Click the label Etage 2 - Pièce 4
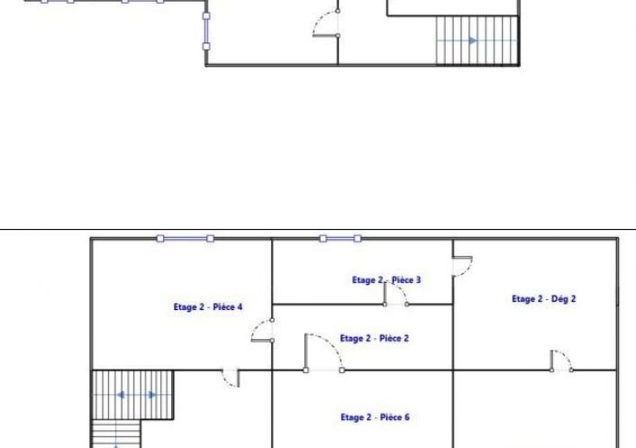click(x=208, y=307)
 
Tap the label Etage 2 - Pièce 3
click(x=386, y=280)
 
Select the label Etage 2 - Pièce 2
click(x=374, y=338)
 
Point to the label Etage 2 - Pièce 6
click(x=375, y=417)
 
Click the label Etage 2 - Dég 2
click(x=543, y=299)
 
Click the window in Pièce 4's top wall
click(x=186, y=239)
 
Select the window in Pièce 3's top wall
click(x=341, y=239)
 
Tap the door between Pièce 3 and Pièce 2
click(x=395, y=294)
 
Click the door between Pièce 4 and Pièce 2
click(x=262, y=331)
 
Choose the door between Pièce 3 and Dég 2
click(x=462, y=266)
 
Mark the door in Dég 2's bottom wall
click(x=561, y=361)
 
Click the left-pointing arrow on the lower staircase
click(x=121, y=395)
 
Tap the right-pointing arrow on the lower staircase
click(x=151, y=395)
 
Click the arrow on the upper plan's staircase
click(x=473, y=41)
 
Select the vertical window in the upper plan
click(x=206, y=32)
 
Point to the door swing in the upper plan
click(x=326, y=23)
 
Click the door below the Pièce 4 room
click(x=231, y=378)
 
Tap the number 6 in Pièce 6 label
click(x=406, y=417)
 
